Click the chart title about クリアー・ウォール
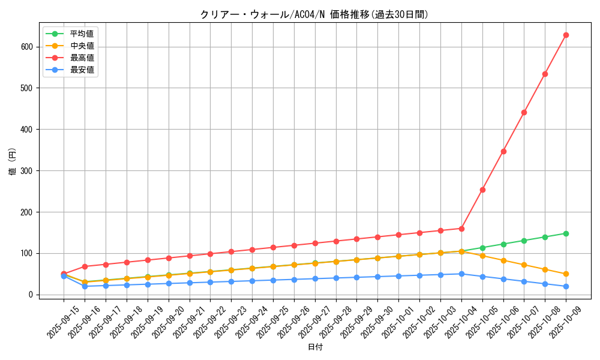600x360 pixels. click(314, 14)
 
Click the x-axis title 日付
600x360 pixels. click(315, 347)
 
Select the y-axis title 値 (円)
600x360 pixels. click(13, 162)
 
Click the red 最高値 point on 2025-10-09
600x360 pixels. click(566, 35)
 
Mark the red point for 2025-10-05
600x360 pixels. click(482, 190)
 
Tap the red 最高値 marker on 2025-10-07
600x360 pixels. click(524, 112)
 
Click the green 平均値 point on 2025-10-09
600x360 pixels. click(566, 233)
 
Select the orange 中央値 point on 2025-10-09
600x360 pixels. click(566, 274)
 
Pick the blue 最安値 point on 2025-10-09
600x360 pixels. click(566, 286)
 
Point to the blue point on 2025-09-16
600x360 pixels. click(85, 286)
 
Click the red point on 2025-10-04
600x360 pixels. click(461, 229)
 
